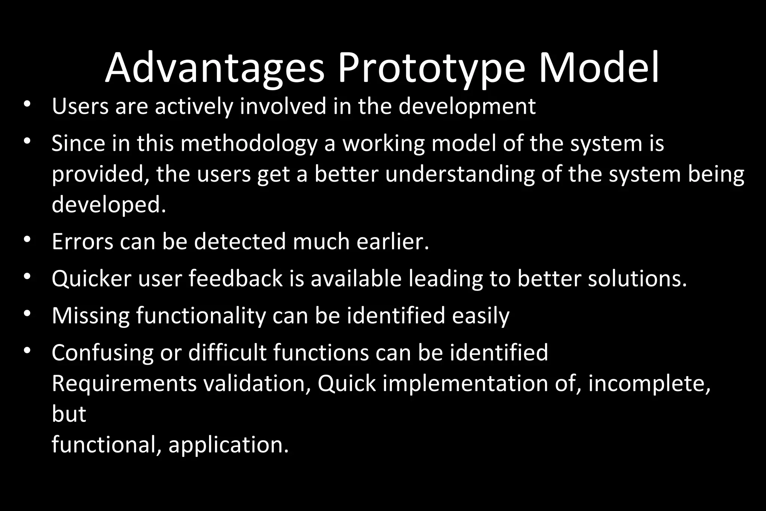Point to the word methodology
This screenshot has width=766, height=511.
[249, 144]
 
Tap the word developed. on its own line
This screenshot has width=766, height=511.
[109, 205]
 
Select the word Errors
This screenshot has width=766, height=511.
[82, 241]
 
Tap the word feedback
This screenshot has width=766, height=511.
[236, 279]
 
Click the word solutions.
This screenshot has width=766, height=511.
[637, 279]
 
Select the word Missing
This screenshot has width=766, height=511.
[91, 316]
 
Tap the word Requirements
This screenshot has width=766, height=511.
[124, 384]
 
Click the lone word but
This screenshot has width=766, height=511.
[69, 414]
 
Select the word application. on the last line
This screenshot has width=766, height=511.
[229, 445]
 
